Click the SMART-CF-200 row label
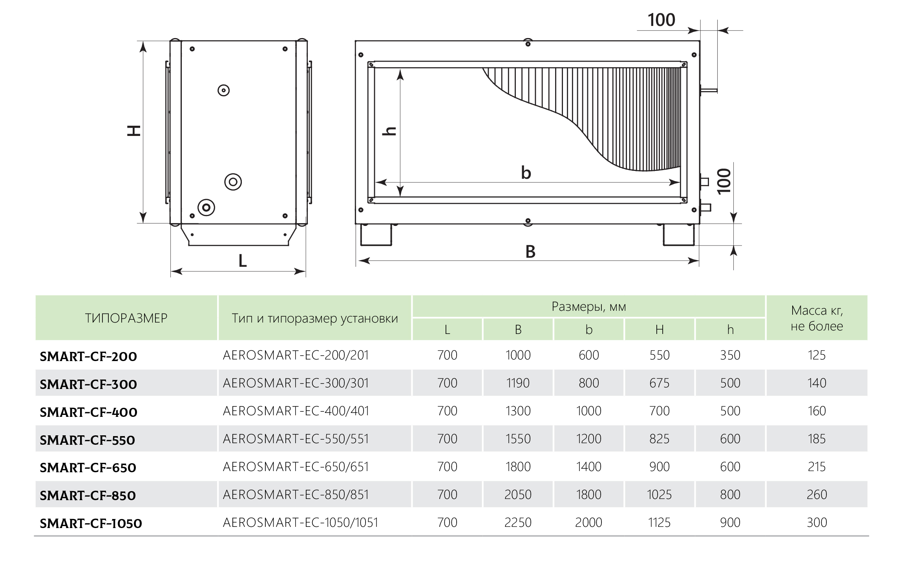click(88, 357)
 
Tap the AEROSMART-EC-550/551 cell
click(296, 439)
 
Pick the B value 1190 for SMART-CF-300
click(518, 383)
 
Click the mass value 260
click(817, 495)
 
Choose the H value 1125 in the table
click(659, 523)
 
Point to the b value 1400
click(588, 467)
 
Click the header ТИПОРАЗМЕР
click(126, 318)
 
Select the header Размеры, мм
click(588, 306)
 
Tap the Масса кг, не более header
click(817, 318)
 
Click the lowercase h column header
click(730, 330)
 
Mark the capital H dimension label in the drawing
click(134, 131)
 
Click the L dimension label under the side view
click(243, 261)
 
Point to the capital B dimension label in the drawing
click(530, 252)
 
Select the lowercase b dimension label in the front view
click(526, 172)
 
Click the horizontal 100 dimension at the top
click(661, 20)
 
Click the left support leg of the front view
click(376, 235)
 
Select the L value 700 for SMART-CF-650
click(447, 467)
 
